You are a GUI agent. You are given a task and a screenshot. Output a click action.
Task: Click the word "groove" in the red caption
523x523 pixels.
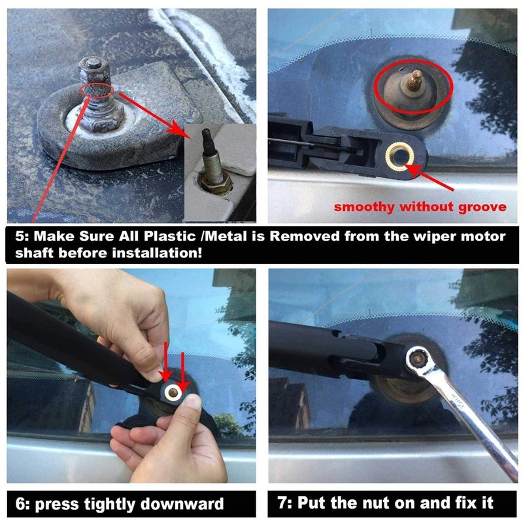pyautogui.click(x=482, y=207)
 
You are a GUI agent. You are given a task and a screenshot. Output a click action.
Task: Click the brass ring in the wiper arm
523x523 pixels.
pyautogui.click(x=400, y=156)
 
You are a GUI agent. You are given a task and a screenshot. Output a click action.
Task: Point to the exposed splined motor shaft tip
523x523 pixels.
pyautogui.click(x=415, y=80)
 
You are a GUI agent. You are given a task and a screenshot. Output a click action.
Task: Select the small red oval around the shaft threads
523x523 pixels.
pyautogui.click(x=97, y=90)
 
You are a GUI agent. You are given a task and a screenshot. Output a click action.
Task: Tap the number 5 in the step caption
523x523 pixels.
pyautogui.click(x=20, y=236)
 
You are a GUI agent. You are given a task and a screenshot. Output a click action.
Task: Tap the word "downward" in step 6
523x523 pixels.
pyautogui.click(x=182, y=503)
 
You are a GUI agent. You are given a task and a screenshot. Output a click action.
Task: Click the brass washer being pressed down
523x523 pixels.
pyautogui.click(x=173, y=393)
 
